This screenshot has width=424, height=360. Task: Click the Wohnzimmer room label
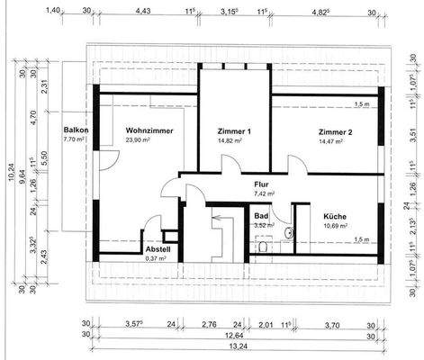click(149, 130)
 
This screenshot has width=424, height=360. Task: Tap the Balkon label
click(74, 130)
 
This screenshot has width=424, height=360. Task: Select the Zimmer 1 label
click(233, 130)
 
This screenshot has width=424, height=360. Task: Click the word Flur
click(262, 184)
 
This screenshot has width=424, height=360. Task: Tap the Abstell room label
click(158, 249)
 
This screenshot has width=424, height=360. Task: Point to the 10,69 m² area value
click(336, 227)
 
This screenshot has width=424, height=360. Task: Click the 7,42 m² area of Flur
click(263, 193)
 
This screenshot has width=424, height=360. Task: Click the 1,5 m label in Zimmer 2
click(363, 104)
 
